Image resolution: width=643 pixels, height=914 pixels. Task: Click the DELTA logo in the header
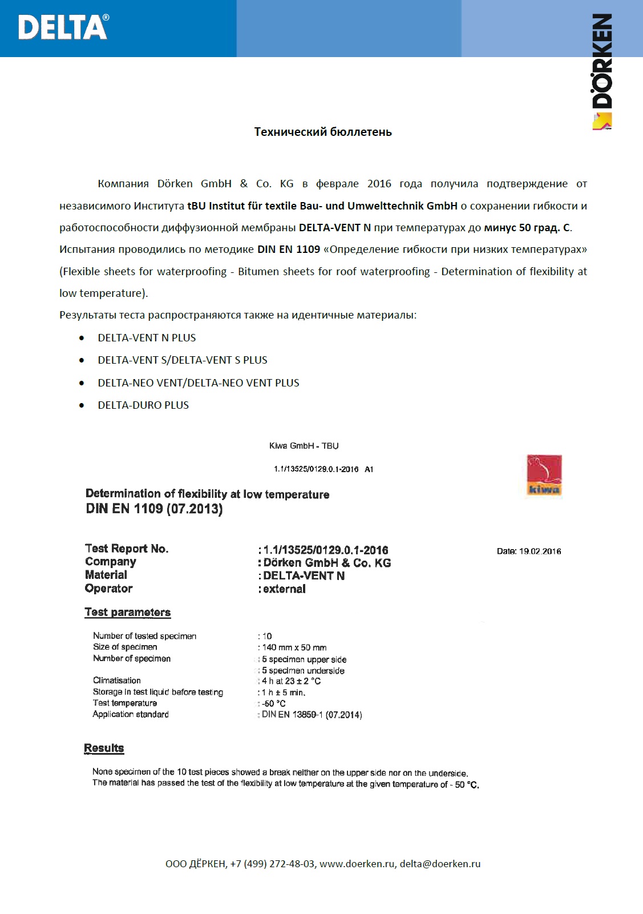coord(63,27)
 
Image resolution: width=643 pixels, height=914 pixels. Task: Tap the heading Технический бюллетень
coord(323,132)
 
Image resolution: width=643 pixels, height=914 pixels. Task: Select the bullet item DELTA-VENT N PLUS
coord(147,337)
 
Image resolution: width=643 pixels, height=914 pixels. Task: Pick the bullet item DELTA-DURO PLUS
coord(143,405)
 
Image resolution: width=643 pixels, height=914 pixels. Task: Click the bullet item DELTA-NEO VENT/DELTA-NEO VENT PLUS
coord(199,382)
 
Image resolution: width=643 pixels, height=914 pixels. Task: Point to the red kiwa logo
coord(544,475)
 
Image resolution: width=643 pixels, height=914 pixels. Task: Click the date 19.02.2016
coord(540,551)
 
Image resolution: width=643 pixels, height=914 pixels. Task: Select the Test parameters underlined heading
coord(128,612)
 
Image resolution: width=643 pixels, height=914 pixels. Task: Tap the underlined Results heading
coord(104,748)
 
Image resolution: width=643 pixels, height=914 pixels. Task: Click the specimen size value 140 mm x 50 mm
coord(294,647)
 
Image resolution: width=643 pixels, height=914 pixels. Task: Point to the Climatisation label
coord(117,681)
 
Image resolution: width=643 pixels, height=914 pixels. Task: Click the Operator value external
coord(284,589)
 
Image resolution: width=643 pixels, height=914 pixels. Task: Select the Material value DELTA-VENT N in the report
coord(304,575)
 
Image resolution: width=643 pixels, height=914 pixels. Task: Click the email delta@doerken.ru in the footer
coord(440,864)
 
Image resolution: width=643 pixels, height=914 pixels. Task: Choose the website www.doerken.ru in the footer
coord(357,864)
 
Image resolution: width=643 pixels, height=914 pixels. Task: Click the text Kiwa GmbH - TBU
coord(304,446)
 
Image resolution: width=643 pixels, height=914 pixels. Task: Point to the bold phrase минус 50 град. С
coord(527,227)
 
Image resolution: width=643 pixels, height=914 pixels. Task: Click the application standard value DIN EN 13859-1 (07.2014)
coord(312,715)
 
